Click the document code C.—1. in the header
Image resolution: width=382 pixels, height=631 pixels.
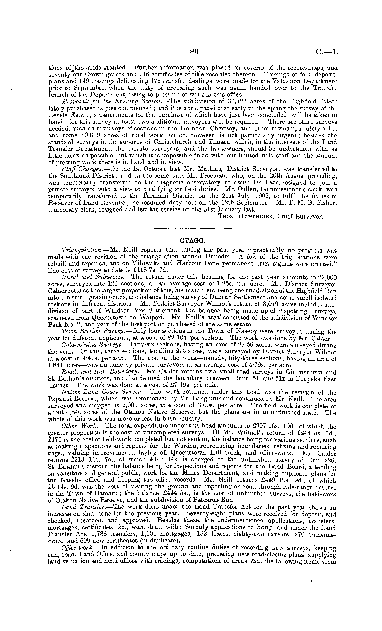(x=327, y=52)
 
